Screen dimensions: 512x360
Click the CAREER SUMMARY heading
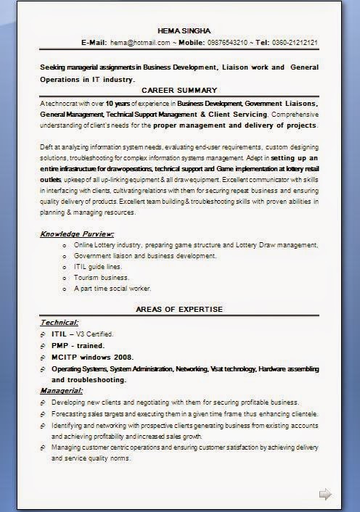179,90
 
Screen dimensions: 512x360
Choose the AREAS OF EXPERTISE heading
179,310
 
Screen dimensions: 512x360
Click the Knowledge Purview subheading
77,234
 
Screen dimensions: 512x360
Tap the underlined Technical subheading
60,321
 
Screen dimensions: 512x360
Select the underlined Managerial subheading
62,391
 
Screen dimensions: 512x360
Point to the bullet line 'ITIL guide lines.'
98,266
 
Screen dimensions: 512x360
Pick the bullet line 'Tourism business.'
102,277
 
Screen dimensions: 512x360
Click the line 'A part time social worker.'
112,288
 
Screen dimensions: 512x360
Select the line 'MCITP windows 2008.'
93,357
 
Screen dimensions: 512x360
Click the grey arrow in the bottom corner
325,495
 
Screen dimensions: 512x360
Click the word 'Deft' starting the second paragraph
47,146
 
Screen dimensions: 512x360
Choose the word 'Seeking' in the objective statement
54,67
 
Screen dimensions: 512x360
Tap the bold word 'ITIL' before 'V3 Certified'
59,334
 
